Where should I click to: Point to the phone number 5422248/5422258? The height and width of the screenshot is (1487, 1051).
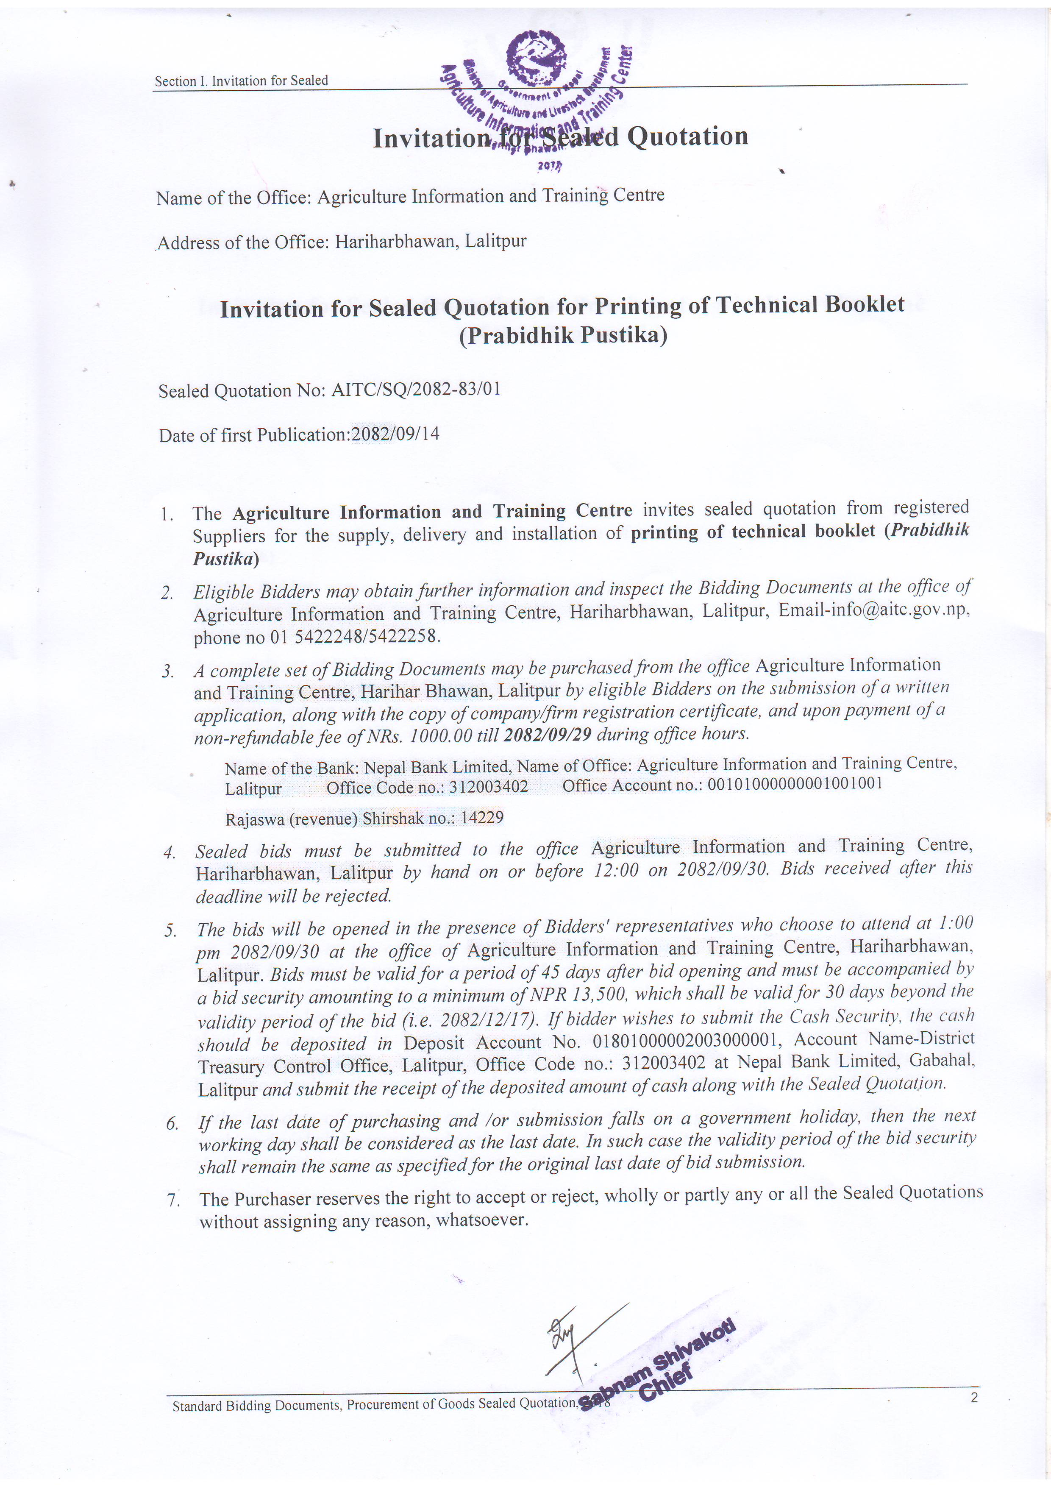point(367,637)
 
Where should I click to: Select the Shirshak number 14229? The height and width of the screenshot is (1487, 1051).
point(482,817)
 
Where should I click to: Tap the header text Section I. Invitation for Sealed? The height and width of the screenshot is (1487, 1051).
point(241,81)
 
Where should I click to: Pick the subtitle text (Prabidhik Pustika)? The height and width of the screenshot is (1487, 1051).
point(563,335)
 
